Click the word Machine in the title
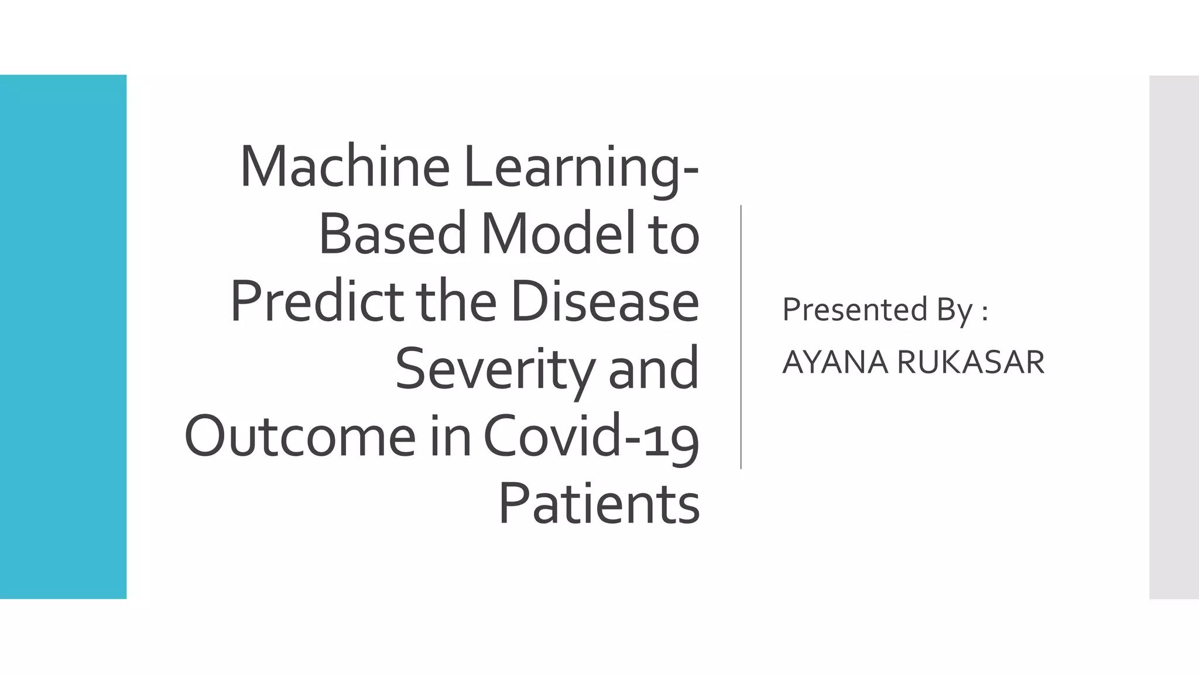344,167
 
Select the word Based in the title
392,234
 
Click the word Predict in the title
317,302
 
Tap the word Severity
495,370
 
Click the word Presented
855,310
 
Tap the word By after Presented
954,311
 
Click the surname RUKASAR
971,362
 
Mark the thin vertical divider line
741,337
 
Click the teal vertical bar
63,337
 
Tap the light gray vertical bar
1173,337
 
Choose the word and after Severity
653,370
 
